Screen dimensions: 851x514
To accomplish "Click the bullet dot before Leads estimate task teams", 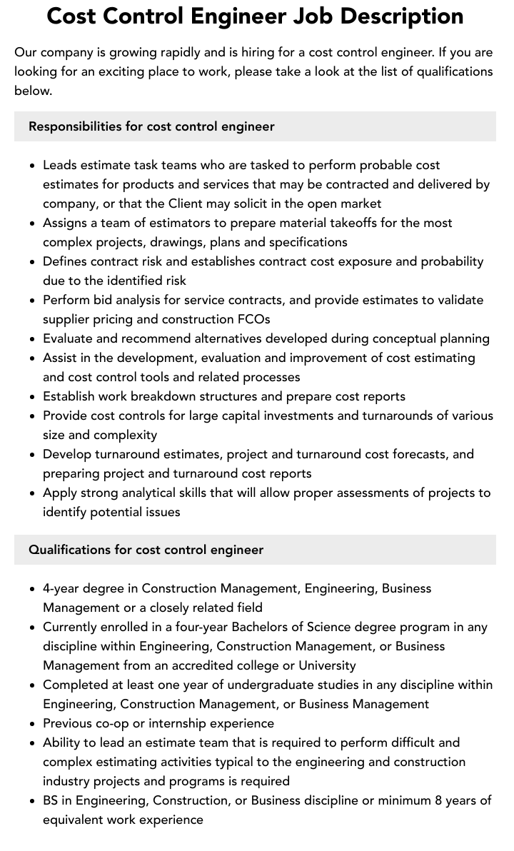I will coord(33,166).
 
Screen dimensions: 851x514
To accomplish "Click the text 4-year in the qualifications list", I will coord(64,588).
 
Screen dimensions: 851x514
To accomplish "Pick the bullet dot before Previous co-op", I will coord(33,724).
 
